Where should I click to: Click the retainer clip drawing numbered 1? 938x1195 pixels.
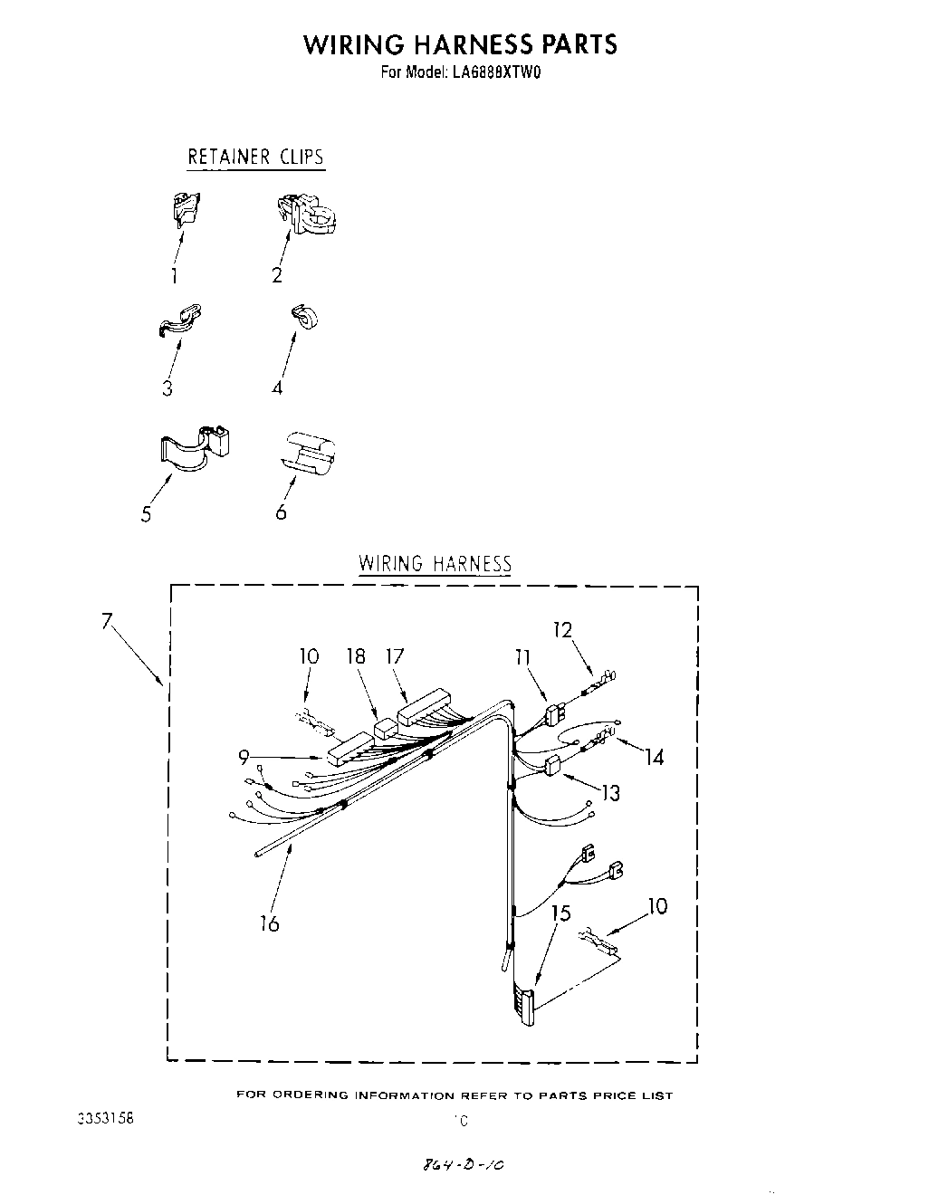point(186,211)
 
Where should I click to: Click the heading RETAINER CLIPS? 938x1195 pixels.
point(255,157)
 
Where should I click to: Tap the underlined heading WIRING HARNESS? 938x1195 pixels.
point(435,563)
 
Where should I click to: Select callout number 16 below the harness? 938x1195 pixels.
point(269,924)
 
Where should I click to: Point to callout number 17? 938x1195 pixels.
point(394,656)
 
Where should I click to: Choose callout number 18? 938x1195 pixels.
point(356,656)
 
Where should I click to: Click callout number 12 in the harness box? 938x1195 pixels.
point(563,629)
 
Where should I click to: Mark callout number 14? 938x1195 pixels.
point(654,757)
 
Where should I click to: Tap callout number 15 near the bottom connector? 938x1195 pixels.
point(561,913)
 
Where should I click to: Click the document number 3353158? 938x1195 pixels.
point(106,1118)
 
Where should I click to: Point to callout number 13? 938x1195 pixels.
point(610,794)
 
